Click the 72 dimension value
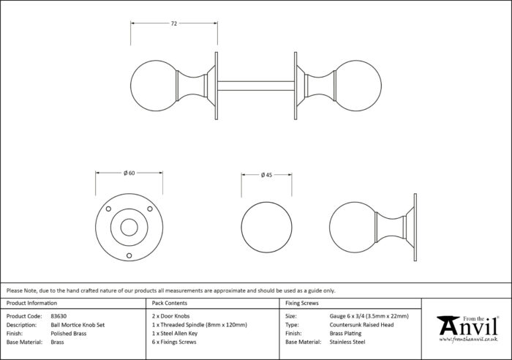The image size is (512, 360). click(174, 23)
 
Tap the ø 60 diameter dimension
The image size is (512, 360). click(129, 173)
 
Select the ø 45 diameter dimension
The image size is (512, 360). click(266, 175)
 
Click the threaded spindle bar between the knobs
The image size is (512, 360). click(256, 86)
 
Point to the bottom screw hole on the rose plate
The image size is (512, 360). click(129, 255)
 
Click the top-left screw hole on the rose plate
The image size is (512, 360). click(108, 209)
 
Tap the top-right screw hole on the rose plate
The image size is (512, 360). click(150, 209)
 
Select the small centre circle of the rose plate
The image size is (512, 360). click(129, 228)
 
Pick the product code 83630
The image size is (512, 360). click(59, 316)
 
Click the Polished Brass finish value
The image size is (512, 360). click(69, 334)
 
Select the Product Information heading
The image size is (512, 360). click(31, 303)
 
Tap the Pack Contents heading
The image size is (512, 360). click(170, 303)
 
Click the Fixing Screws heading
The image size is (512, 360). click(301, 303)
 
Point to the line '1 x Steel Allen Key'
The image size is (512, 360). click(175, 334)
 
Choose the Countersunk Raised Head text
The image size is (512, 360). click(361, 325)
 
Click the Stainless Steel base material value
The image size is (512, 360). click(347, 342)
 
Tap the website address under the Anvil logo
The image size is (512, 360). click(468, 340)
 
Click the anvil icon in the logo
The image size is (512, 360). click(446, 326)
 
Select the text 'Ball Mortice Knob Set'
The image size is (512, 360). click(78, 325)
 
